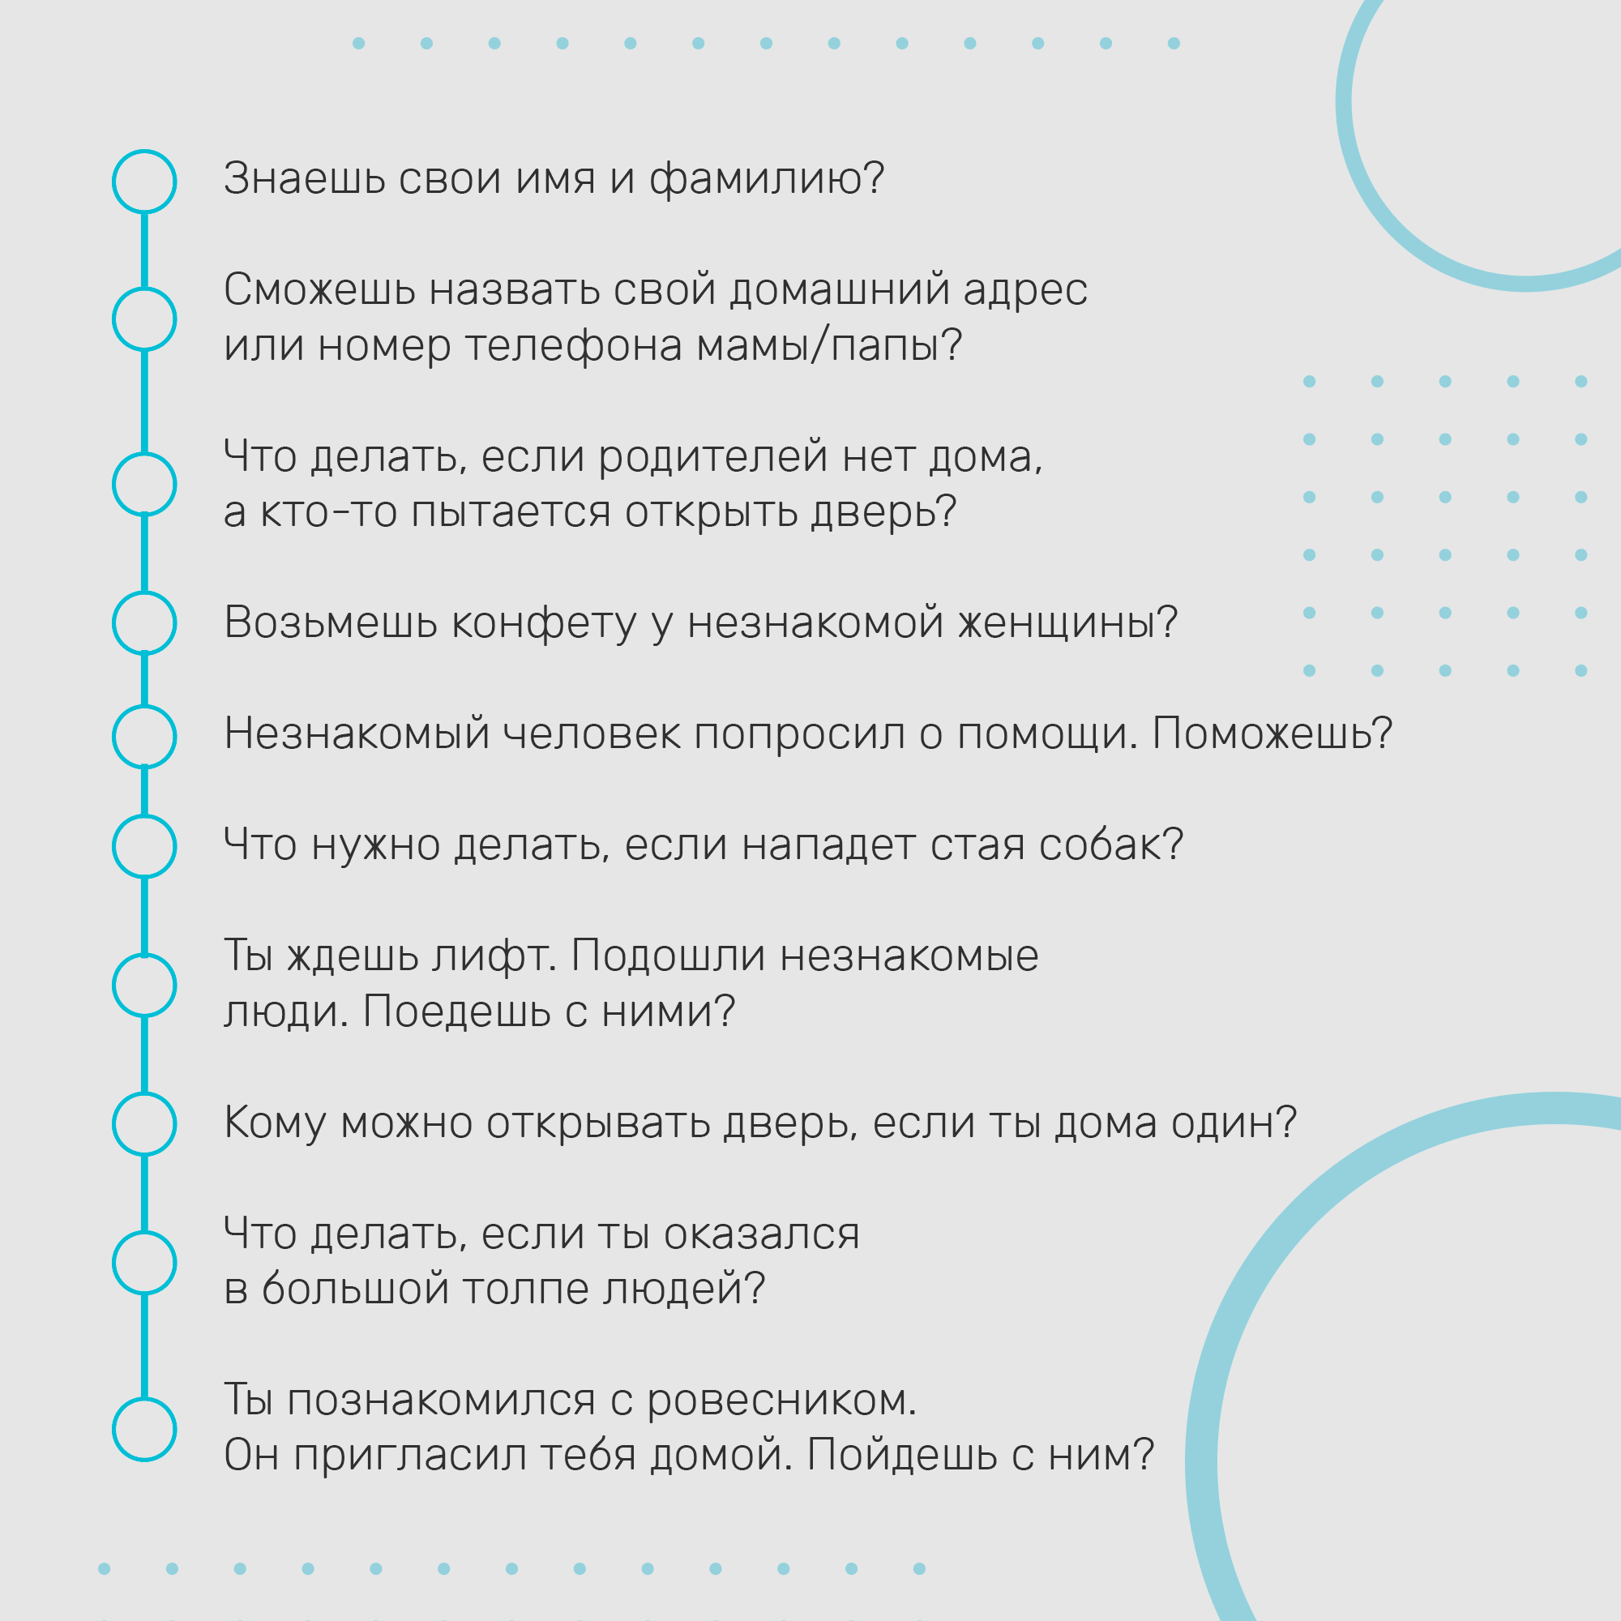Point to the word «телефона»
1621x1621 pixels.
574,347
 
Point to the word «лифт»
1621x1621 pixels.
493,956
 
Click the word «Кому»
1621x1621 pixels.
275,1124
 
